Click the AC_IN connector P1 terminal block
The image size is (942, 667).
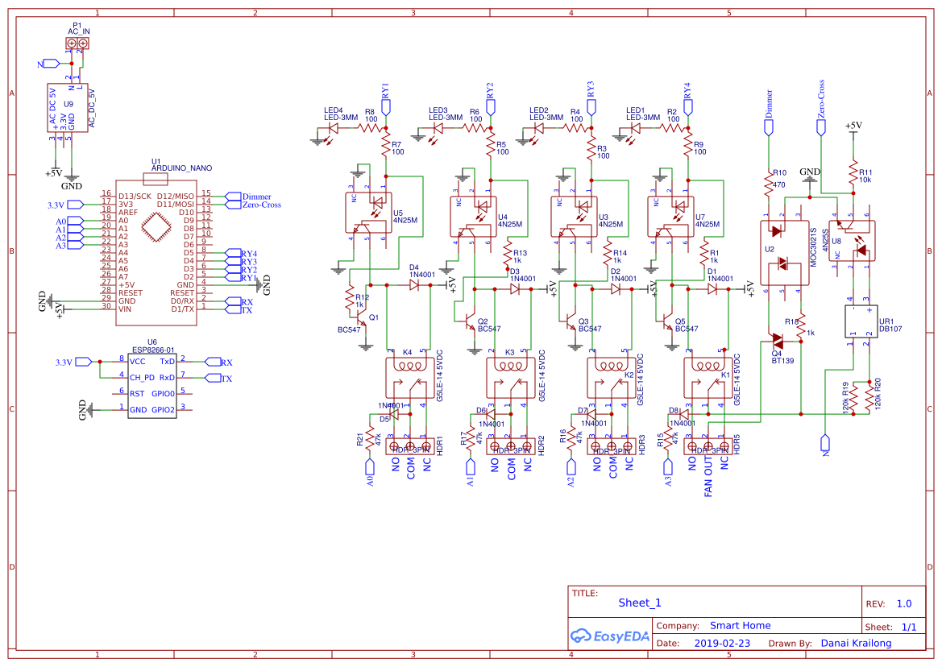coord(77,43)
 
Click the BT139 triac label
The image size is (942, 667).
coord(782,361)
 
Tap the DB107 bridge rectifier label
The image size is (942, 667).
coord(890,329)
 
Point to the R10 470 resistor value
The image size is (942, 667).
coord(778,184)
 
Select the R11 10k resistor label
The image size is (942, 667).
coord(865,176)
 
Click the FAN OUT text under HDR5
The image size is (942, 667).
coord(708,478)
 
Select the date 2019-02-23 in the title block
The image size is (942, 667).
coord(721,644)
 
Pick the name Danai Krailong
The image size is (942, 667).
coord(856,644)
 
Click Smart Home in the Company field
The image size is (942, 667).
coord(740,625)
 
